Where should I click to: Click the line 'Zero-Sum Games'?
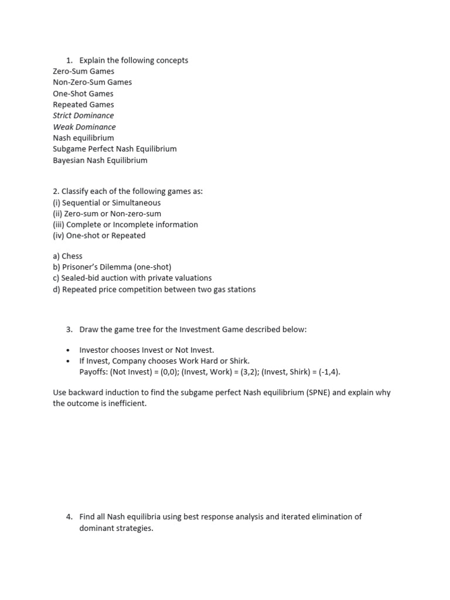point(83,71)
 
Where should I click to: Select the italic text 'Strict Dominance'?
point(83,115)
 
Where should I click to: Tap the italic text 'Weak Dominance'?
point(84,127)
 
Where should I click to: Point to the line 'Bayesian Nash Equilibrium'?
point(100,160)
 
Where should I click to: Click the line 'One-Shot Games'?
point(83,94)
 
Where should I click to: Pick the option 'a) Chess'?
point(67,256)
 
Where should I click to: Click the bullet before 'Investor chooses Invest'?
point(69,350)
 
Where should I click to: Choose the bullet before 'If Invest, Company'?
point(69,361)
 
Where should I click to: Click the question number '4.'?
point(70,517)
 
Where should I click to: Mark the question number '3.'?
point(70,329)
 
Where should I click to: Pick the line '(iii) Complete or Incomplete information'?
point(125,224)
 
